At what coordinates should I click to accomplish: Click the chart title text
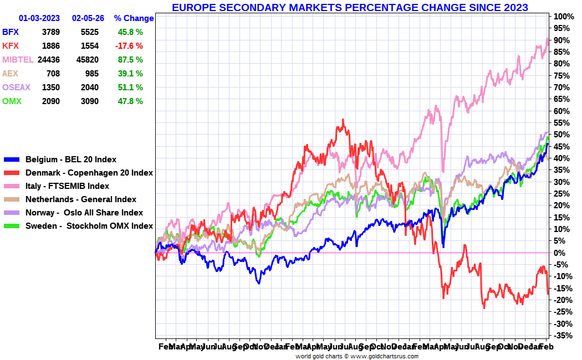(x=350, y=8)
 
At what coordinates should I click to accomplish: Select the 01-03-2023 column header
(x=39, y=18)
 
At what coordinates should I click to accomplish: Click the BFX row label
(x=11, y=32)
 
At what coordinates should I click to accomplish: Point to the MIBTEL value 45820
(x=89, y=60)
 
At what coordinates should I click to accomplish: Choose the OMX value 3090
(x=90, y=101)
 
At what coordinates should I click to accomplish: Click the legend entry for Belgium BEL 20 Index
(x=71, y=160)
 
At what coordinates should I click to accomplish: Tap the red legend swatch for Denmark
(x=12, y=173)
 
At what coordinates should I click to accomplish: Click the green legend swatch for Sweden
(x=12, y=226)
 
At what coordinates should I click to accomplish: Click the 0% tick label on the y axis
(x=561, y=253)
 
